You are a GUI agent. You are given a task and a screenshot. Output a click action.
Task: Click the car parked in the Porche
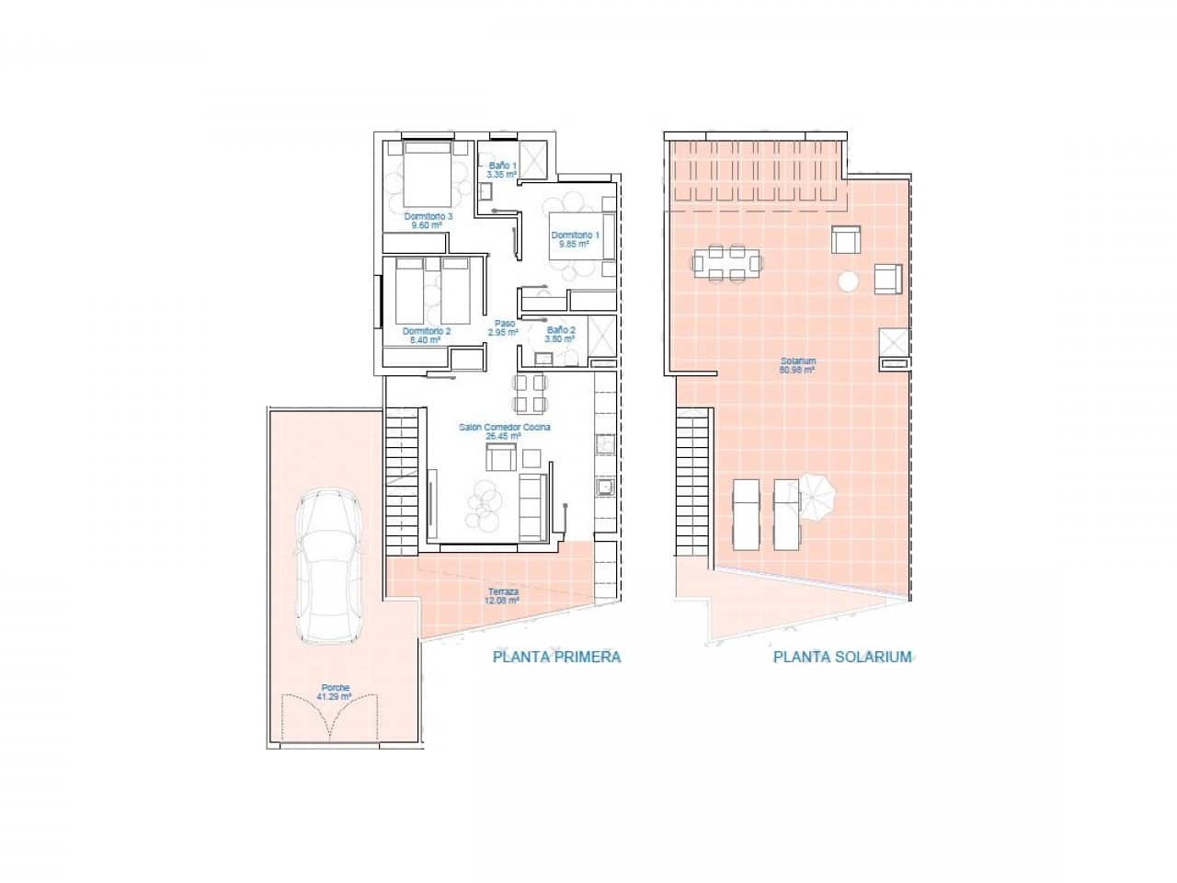pos(325,566)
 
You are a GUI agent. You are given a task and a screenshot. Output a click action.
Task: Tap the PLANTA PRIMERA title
pos(557,657)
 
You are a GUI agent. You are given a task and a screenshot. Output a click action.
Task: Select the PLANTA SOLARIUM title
pos(842,657)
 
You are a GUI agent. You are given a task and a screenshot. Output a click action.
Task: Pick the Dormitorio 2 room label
pos(427,335)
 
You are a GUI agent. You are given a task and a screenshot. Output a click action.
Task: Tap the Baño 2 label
pos(560,334)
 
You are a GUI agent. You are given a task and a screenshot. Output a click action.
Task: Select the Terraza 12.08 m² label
pos(502,596)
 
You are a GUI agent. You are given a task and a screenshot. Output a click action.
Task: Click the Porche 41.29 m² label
pos(335,692)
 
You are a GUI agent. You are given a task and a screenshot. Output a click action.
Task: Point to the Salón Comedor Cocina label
pos(504,431)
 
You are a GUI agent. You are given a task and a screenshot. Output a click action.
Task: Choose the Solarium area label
pos(796,365)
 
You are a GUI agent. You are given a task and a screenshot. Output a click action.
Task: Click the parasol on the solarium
pos(817,495)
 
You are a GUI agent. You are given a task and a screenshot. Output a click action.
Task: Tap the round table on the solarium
pos(849,281)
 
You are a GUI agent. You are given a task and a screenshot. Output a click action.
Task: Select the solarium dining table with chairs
pos(727,263)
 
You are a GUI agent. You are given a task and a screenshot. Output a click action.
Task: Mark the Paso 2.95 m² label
pos(504,327)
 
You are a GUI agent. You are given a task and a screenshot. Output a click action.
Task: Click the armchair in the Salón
pos(500,457)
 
